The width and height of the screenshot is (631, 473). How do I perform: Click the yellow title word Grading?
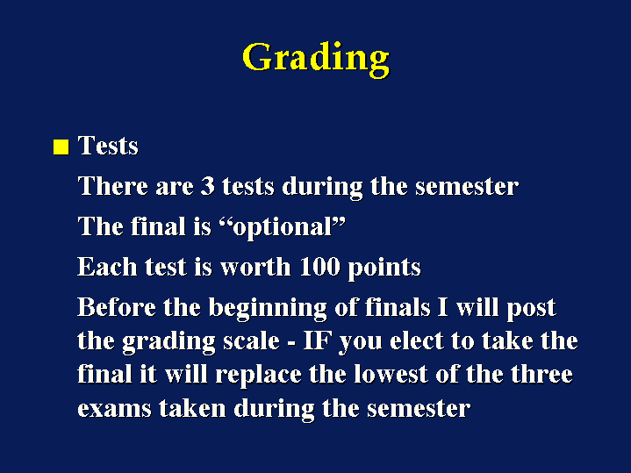coord(316,60)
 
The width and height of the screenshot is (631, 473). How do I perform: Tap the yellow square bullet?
coord(61,147)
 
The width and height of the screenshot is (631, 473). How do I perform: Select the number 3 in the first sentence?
coord(207,186)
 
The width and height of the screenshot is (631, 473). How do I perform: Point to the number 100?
coord(320,267)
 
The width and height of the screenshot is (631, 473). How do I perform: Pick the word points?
coord(384,269)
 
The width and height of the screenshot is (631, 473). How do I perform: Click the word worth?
coord(255,267)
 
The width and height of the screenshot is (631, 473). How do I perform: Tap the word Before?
coord(117,307)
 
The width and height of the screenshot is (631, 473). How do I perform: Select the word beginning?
coord(268,309)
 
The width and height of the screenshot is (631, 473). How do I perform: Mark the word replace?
coord(258,376)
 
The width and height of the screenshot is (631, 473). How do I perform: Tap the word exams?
coord(114,409)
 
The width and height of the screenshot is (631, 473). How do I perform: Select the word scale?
coord(251,341)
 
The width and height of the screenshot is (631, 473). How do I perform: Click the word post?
coord(531,309)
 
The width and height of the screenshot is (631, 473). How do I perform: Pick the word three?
coord(541,375)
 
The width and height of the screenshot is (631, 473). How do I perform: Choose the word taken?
coord(192,408)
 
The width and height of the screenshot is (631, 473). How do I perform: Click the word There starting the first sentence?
coord(112,186)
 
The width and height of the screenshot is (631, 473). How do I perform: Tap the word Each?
coord(107,267)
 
